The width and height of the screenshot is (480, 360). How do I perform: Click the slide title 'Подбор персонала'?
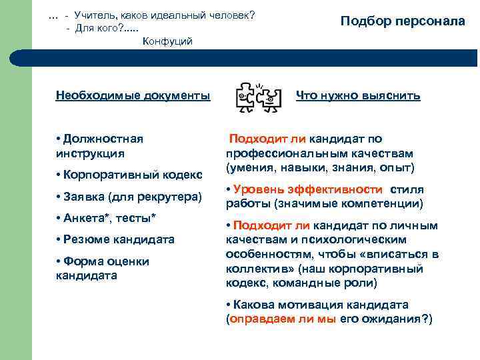click(x=403, y=21)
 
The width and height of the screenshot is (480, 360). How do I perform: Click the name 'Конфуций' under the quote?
click(x=168, y=41)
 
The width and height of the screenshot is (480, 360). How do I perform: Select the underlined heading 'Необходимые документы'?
click(x=133, y=96)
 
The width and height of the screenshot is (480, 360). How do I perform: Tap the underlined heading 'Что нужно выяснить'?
click(x=358, y=96)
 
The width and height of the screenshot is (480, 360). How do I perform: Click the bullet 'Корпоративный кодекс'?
click(x=129, y=175)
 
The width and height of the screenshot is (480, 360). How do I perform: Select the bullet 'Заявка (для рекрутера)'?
click(x=129, y=197)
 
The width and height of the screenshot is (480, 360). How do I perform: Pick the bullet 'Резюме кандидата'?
click(x=115, y=239)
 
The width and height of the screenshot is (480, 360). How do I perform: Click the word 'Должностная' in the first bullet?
click(x=103, y=139)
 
